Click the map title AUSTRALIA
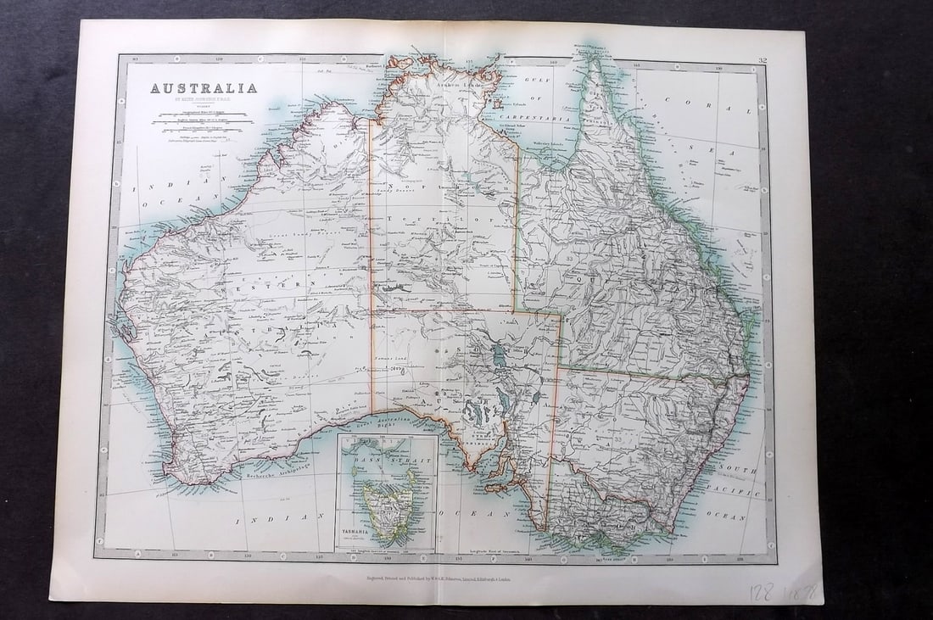204,87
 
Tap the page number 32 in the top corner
763,59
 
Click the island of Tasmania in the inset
388,507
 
